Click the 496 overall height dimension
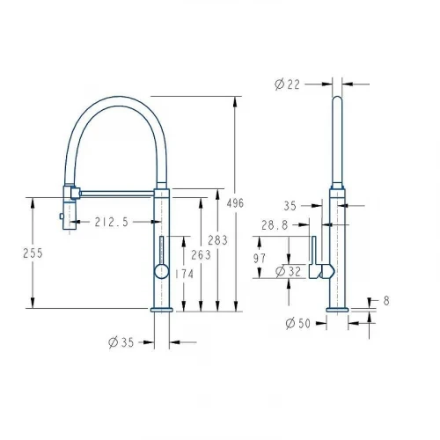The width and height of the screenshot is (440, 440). point(235,203)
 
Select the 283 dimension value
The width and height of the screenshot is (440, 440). point(218,240)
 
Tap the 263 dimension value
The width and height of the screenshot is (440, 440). point(201,255)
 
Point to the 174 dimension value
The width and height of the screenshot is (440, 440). point(185,275)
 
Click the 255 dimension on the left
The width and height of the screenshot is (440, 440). point(33,253)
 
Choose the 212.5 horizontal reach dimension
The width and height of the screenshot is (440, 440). point(112,222)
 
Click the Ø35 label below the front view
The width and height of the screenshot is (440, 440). point(121,342)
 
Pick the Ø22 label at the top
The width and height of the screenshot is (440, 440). point(288,84)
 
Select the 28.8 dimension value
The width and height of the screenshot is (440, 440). point(275,225)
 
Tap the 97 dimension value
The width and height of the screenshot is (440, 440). point(260,259)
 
